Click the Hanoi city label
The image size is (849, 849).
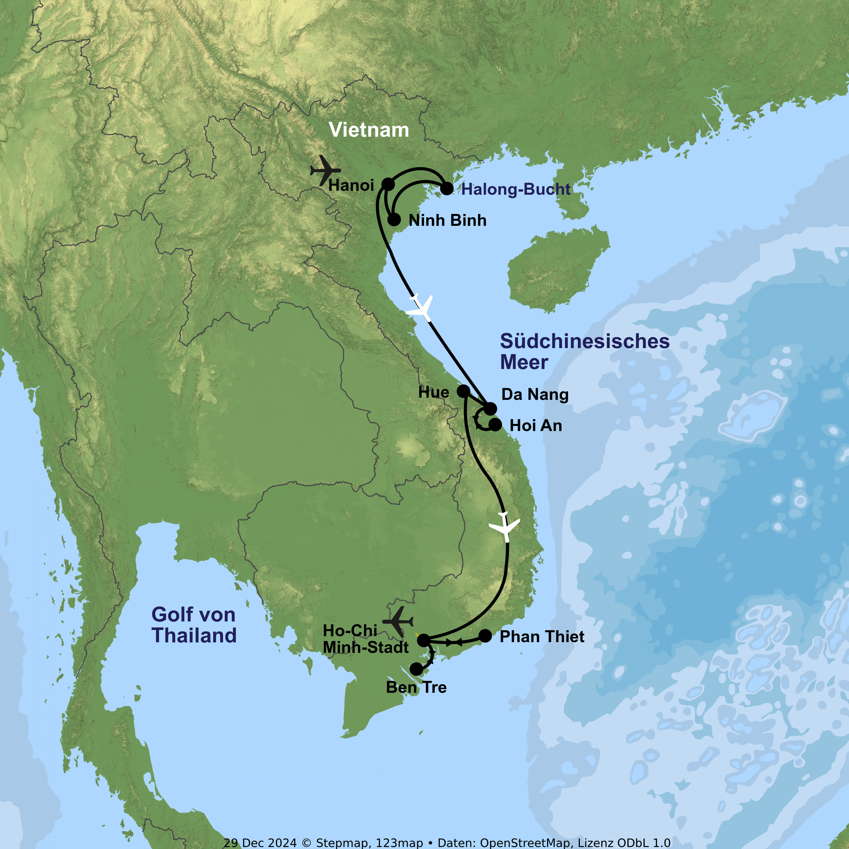pos(351,185)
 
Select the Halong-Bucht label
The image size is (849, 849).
pos(515,189)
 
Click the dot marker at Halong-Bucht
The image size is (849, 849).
pos(447,188)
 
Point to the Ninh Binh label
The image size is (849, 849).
pos(447,220)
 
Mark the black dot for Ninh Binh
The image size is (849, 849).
pos(394,219)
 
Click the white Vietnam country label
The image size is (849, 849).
pos(369,130)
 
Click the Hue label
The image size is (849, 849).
pos(433,392)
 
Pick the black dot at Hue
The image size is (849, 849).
pos(463,391)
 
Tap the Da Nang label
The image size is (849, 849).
pos(535,394)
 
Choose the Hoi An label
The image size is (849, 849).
pos(536,425)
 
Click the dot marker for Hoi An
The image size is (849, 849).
pos(495,424)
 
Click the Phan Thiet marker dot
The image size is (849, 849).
pos(485,635)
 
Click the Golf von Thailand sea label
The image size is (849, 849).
pos(194,625)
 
